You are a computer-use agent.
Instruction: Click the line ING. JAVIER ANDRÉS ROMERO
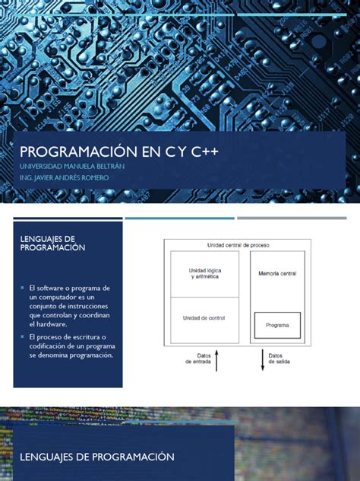pos(65,178)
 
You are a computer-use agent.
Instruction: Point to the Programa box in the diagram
pos(276,324)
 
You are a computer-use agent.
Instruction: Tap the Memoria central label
pos(276,272)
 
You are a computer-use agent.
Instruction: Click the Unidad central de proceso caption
pos(238,245)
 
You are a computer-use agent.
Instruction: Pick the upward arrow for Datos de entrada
pos(217,360)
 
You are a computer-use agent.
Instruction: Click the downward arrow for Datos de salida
pos(263,360)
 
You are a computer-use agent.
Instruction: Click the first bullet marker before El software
pos(23,288)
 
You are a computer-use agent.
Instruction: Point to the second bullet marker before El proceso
pos(23,336)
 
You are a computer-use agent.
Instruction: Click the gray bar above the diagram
pos(298,218)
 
